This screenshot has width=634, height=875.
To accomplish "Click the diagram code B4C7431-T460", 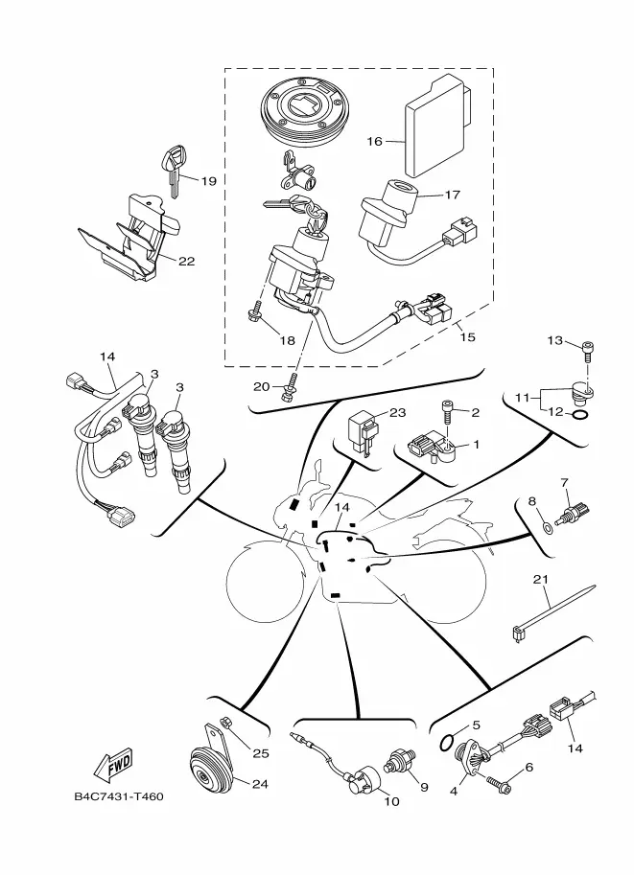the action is click(x=119, y=796).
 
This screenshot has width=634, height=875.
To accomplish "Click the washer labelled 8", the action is click(x=549, y=527).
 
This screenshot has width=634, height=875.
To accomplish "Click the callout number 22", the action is click(x=187, y=261).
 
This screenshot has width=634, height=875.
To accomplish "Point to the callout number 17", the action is click(x=452, y=195).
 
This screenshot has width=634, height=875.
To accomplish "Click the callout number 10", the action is click(x=391, y=801).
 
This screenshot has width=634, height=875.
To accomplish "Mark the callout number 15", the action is click(x=467, y=337).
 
